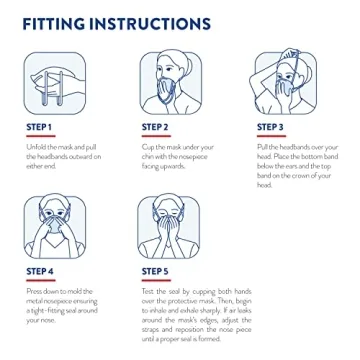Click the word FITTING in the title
click(60, 22)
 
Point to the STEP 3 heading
click(270, 127)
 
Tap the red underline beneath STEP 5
click(155, 280)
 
